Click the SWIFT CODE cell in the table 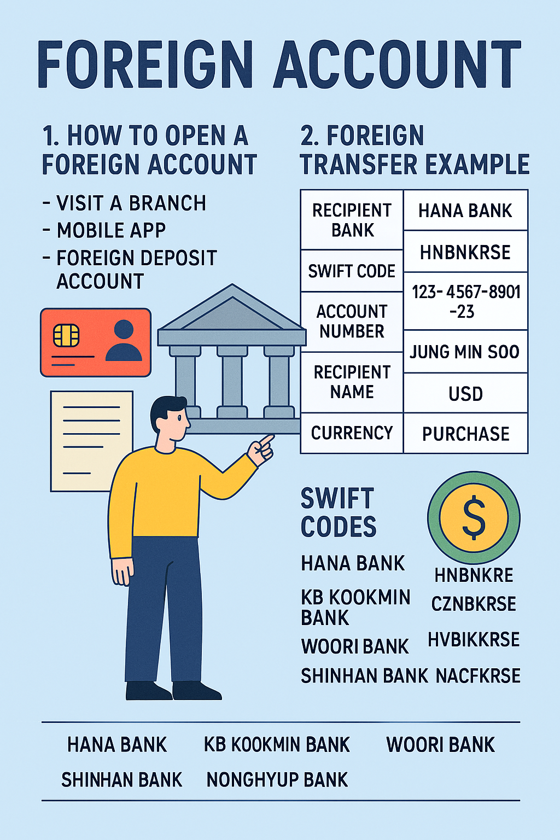coord(352,271)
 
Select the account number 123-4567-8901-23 coord(465,301)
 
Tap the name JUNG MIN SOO coord(465,352)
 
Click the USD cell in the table coord(465,394)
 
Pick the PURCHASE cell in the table coord(465,434)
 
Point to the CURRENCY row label coord(352,433)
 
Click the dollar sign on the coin coord(474,517)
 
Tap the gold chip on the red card coord(66,335)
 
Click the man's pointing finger coord(267,439)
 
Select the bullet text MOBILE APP coord(111,230)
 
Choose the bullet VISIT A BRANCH coord(131,203)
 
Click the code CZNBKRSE coord(474,604)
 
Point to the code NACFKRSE coord(478,676)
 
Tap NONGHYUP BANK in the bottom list coord(277,779)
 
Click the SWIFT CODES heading coord(338,512)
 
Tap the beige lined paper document coord(91,440)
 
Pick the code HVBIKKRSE coord(474,639)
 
